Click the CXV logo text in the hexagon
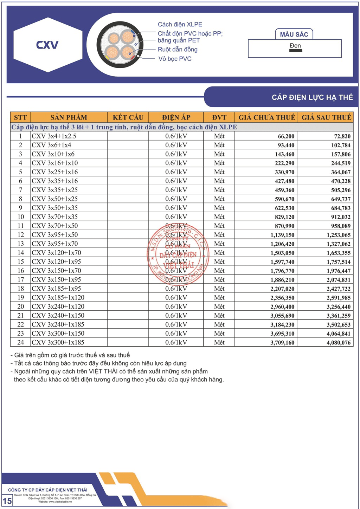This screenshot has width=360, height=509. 47,45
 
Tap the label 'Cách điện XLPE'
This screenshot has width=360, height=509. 180,24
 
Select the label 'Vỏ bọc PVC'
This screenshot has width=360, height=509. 175,59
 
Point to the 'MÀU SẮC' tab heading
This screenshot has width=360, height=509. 294,34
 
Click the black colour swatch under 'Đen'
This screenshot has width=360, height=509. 295,51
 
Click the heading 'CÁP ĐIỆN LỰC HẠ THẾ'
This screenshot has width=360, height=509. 312,97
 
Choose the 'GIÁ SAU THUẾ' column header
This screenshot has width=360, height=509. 326,117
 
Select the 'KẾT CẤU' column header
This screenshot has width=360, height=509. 128,117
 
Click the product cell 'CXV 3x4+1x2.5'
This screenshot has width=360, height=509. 54,136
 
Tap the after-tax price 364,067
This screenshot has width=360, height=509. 341,172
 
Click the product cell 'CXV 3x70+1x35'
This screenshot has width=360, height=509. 54,217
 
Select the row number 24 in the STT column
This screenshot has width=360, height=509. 21,342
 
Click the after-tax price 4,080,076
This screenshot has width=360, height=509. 339,342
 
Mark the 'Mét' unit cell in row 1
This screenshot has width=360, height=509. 219,136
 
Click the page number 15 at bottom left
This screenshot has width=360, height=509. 7,501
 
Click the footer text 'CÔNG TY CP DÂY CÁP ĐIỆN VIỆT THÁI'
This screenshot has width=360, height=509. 48,490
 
